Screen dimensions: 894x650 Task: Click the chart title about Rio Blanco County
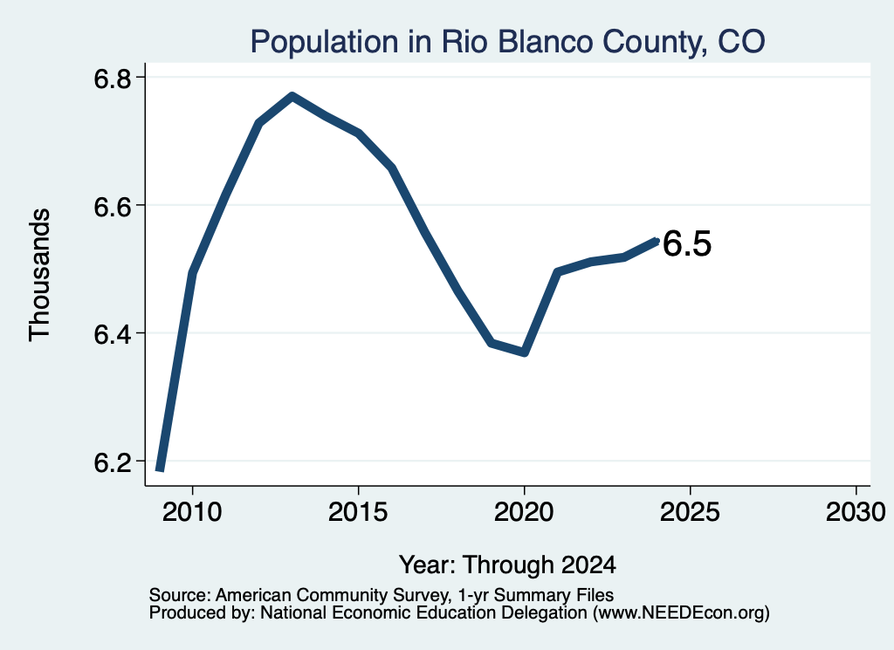[x=507, y=42]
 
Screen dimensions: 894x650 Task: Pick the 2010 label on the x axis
[x=192, y=512]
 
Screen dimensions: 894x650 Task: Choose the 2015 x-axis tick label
[x=358, y=512]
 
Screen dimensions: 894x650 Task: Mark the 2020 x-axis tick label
[x=524, y=512]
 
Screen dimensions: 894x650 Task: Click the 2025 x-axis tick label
[x=690, y=512]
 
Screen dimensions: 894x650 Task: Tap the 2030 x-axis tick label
[x=856, y=512]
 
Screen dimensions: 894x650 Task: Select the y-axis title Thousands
[x=40, y=275]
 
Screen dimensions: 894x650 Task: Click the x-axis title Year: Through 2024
[x=507, y=564]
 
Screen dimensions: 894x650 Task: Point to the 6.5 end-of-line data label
[x=687, y=243]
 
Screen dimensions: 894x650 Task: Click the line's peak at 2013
[x=292, y=96]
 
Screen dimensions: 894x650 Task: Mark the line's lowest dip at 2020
[x=525, y=352]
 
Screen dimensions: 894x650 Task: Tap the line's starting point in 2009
[x=161, y=469]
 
